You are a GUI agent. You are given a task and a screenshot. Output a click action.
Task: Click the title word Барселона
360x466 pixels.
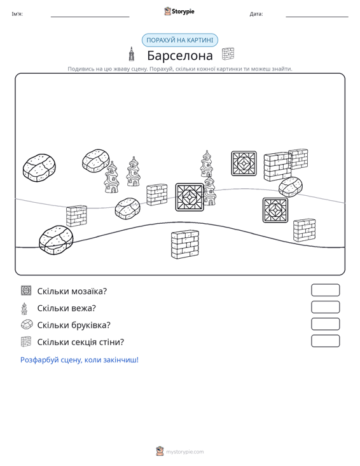click(180, 55)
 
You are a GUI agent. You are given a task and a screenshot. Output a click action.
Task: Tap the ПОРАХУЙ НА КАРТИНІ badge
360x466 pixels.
click(180, 40)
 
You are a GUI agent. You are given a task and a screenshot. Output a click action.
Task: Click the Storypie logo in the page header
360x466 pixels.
click(179, 11)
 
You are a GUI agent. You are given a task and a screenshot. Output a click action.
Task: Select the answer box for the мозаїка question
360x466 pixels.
click(325, 290)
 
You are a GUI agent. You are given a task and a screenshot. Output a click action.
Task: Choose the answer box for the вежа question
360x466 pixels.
click(325, 307)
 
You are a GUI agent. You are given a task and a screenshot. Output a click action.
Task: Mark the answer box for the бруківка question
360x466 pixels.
click(325, 324)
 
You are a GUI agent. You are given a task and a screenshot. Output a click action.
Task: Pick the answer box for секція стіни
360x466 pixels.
click(325, 341)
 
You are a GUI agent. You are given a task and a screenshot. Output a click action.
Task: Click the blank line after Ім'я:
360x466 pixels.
click(90, 17)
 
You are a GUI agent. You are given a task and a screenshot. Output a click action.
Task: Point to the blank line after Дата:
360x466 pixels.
click(317, 17)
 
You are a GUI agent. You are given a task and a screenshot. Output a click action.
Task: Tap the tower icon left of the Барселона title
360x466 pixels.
click(131, 54)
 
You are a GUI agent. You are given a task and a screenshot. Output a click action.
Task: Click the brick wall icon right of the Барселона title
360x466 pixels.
click(228, 54)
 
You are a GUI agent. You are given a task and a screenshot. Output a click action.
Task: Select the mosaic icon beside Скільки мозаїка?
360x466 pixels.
click(26, 291)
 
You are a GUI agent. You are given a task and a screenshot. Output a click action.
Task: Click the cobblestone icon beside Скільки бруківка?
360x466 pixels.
click(27, 324)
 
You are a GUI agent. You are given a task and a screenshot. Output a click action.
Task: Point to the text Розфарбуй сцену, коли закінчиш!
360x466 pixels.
click(80, 360)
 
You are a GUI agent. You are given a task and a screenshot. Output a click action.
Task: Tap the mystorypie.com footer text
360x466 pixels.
click(184, 452)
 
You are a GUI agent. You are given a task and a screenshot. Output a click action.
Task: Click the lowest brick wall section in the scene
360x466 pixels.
click(185, 244)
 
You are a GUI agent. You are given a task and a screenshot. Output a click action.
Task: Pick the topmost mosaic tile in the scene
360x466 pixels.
click(244, 163)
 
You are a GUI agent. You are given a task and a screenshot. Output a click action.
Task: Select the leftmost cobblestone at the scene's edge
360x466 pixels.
click(39, 168)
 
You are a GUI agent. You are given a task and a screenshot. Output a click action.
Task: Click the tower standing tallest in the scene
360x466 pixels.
click(207, 165)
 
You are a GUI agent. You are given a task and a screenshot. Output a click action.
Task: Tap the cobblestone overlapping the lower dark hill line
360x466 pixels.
click(56, 240)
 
